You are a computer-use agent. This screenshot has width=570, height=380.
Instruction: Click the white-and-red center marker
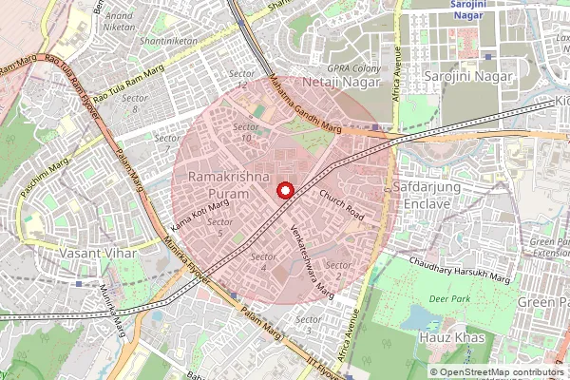(x=283, y=191)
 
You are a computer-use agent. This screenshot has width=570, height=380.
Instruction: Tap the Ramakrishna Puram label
(x=218, y=185)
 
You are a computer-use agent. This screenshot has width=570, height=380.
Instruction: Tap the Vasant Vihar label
(x=99, y=255)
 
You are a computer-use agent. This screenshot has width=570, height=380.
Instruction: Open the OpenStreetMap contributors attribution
(x=503, y=371)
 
